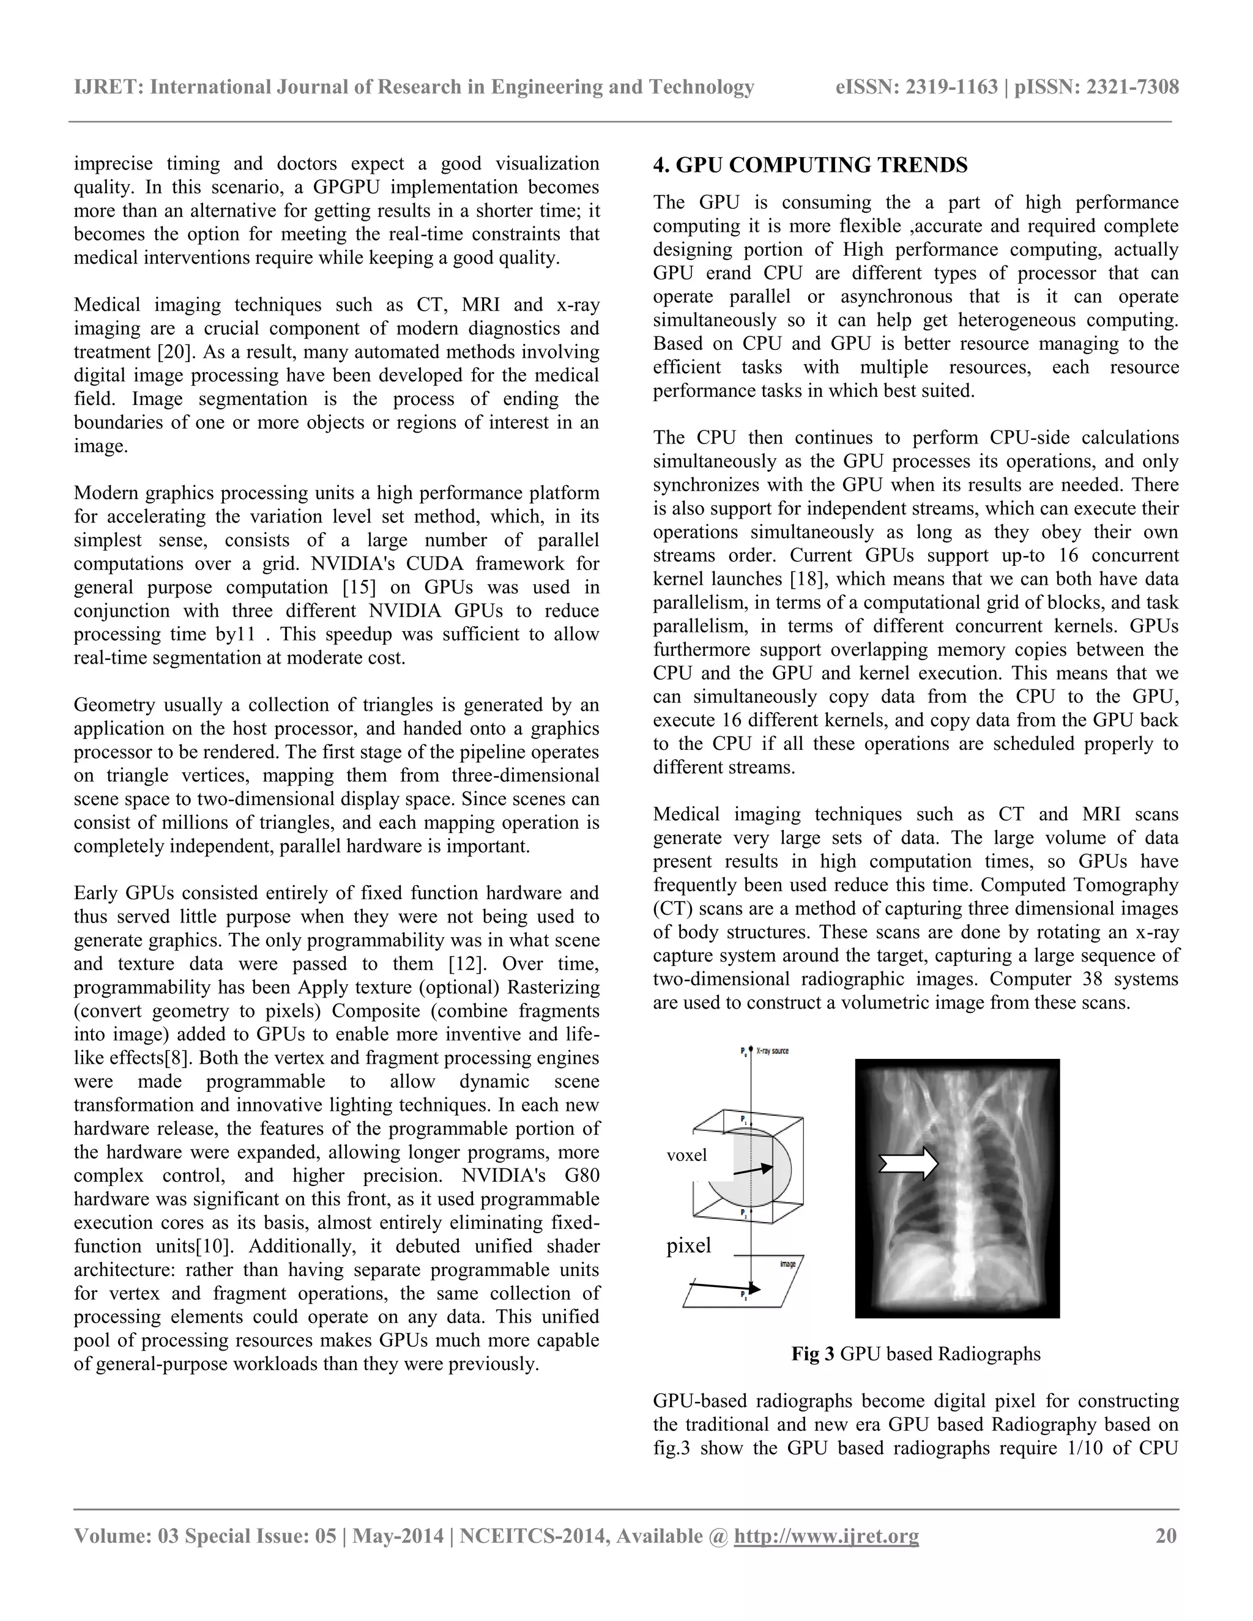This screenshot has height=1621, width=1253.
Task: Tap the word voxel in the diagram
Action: (686, 1155)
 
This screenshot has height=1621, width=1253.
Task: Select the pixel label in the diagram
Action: (689, 1245)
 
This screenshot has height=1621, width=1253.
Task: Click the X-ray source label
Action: (772, 1051)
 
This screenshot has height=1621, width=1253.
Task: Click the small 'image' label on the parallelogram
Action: (787, 1263)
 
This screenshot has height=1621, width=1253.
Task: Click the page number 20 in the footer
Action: (1166, 1535)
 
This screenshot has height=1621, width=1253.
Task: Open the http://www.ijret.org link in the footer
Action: (826, 1535)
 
